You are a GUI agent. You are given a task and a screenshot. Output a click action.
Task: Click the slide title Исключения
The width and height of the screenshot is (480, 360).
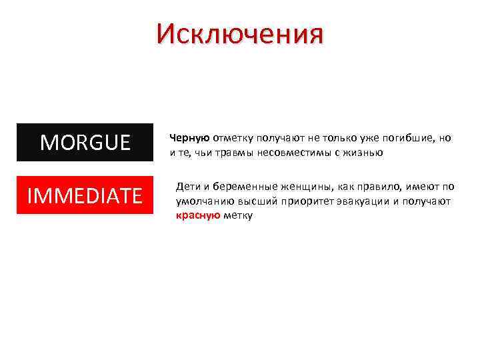(x=240, y=33)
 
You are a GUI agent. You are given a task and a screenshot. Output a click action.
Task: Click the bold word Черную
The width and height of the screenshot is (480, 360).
(x=190, y=138)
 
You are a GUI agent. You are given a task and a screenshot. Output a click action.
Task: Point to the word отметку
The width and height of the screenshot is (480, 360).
(x=233, y=138)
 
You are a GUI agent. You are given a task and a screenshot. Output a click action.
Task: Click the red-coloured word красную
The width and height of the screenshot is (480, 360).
(x=194, y=215)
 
